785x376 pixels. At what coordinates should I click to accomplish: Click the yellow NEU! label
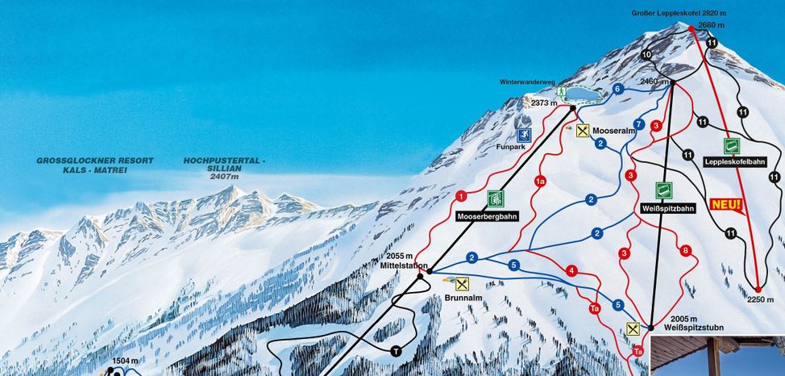[x=726, y=205]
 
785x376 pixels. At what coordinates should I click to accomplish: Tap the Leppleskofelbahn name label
[x=733, y=161]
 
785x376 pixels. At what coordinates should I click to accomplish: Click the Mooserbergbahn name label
[x=486, y=216]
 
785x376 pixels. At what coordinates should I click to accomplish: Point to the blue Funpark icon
[x=524, y=135]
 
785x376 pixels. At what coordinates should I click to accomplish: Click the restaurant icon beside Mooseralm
[x=583, y=130]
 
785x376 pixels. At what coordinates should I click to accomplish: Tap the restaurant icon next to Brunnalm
[x=462, y=283]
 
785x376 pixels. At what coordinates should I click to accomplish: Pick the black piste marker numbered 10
[x=647, y=54]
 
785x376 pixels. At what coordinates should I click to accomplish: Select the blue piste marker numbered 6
[x=618, y=89]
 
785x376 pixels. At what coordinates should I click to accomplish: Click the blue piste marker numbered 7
[x=639, y=123]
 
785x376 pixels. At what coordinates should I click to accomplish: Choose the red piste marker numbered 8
[x=686, y=252]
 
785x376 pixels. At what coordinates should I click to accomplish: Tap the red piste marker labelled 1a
[x=540, y=182]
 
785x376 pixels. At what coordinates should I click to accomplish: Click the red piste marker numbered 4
[x=571, y=270]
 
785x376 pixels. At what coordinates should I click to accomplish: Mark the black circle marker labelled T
[x=396, y=351]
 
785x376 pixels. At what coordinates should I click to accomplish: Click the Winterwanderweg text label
[x=528, y=81]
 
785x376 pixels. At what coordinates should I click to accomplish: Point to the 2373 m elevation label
[x=545, y=102]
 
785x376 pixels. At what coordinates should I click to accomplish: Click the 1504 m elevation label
[x=125, y=361]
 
